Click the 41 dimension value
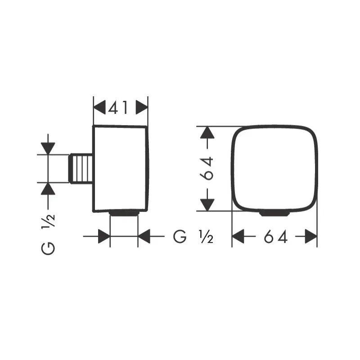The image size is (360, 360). [118, 108]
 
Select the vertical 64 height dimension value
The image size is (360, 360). [207, 168]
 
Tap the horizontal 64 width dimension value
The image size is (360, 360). [275, 237]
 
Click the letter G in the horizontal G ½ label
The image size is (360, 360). [180, 237]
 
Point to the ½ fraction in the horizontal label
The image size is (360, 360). [206, 237]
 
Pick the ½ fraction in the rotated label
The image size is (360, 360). [48, 220]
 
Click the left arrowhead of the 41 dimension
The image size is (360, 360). [99, 107]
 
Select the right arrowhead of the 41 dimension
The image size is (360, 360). [142, 107]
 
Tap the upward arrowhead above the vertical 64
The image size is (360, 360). [207, 132]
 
